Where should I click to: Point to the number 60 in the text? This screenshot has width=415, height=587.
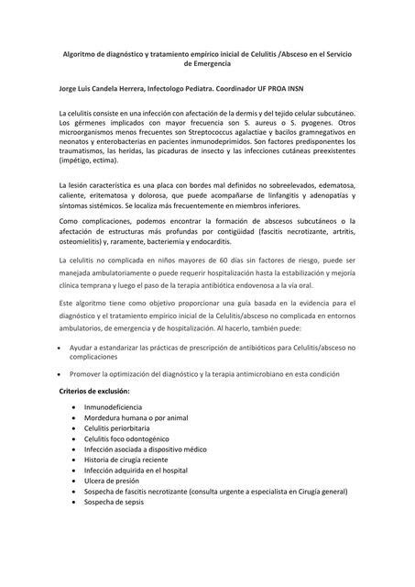tap(197, 261)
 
